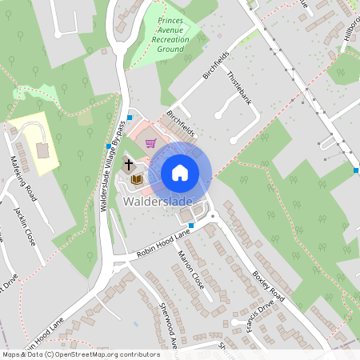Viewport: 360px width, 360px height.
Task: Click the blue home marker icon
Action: pyautogui.click(x=180, y=172)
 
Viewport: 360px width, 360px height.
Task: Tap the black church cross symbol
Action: pyautogui.click(x=128, y=165)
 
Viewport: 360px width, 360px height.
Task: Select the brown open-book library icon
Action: pyautogui.click(x=137, y=179)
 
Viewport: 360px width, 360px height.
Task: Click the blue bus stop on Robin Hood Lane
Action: pyautogui.click(x=191, y=226)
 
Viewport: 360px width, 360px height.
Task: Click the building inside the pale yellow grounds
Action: pyautogui.click(x=41, y=150)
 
